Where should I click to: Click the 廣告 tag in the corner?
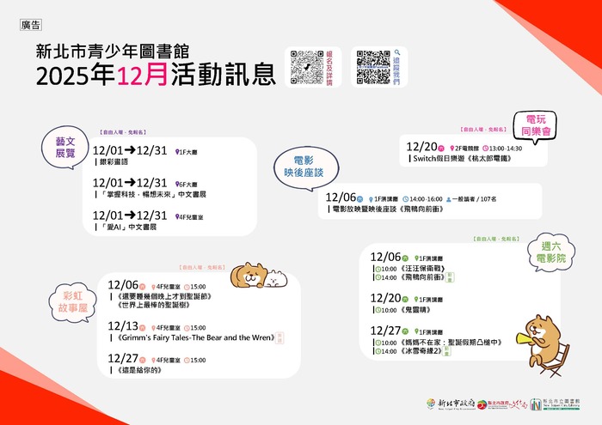click(31, 25)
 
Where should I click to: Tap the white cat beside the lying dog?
click(274, 276)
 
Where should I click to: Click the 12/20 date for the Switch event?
click(422, 147)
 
